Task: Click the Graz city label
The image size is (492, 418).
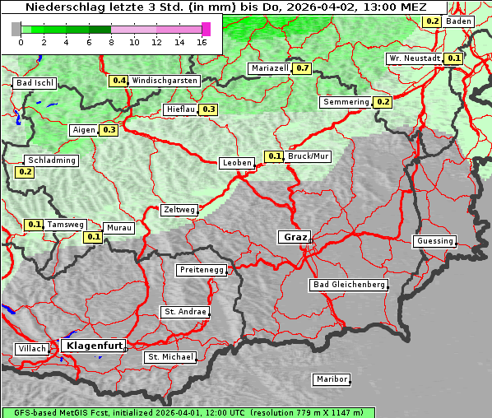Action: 294,237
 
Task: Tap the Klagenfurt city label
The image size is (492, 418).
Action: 92,346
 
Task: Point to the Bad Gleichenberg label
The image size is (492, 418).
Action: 348,285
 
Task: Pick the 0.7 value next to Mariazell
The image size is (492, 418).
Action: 302,68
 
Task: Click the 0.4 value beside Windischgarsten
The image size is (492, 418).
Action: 119,81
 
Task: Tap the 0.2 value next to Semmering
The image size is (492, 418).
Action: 383,102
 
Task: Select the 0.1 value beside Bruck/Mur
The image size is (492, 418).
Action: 274,156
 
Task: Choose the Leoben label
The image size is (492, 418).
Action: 237,163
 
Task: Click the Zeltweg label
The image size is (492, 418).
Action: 179,210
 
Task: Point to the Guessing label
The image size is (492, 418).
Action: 434,241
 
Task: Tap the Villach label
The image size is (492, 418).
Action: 31,349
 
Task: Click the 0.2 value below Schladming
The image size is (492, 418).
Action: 25,172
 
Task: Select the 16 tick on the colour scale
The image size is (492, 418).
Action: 202,42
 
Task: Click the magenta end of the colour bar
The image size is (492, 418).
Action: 206,29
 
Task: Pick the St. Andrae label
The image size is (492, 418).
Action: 184,312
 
